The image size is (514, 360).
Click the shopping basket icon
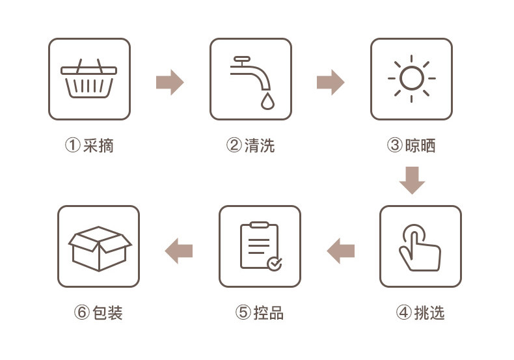point(89,79)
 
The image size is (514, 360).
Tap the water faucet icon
point(250,79)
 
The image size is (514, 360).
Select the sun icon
point(411,79)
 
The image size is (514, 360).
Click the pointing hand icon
point(420,247)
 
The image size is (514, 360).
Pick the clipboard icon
point(260,246)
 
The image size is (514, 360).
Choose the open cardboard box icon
point(99,247)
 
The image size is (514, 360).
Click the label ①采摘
point(89,145)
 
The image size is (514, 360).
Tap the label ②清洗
point(250,145)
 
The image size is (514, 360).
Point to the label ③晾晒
point(411,145)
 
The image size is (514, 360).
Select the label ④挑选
point(420,312)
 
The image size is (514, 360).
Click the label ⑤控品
point(260,312)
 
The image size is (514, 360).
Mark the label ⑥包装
point(98,312)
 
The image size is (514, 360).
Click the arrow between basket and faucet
point(170,83)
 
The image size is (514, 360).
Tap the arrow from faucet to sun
point(331,83)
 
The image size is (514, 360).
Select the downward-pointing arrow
point(412,180)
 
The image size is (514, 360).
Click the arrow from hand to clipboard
point(340,251)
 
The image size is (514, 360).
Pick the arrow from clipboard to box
point(179,251)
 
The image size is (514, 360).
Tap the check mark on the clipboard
point(275,263)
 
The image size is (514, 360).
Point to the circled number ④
point(404,312)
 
